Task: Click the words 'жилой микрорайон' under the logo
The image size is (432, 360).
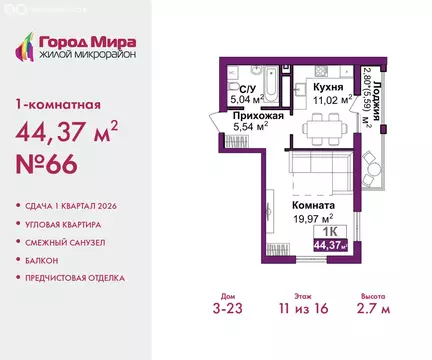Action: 86,55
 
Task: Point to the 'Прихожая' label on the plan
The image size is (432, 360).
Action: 244,116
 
